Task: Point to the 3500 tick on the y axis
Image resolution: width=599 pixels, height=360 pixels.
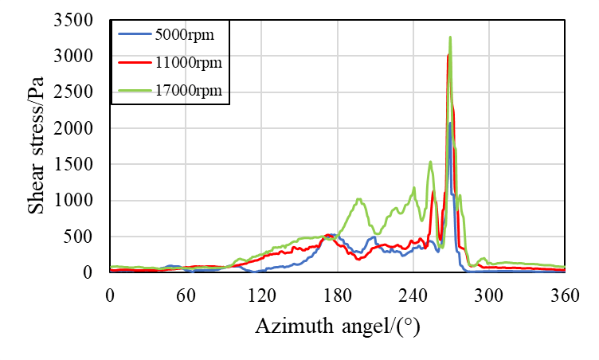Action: pyautogui.click(x=82, y=20)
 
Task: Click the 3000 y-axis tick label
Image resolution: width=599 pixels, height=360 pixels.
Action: pyautogui.click(x=82, y=56)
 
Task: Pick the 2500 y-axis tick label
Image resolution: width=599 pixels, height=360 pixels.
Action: pyautogui.click(x=82, y=92)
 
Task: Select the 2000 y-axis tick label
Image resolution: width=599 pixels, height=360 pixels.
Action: pyautogui.click(x=82, y=128)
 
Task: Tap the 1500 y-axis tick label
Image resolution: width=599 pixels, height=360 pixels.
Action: pyautogui.click(x=82, y=164)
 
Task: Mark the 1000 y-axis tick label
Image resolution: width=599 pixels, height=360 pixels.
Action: pyautogui.click(x=82, y=200)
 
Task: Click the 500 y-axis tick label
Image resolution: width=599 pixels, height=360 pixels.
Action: pyautogui.click(x=87, y=237)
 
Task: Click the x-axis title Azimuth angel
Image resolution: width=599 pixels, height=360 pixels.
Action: pyautogui.click(x=337, y=326)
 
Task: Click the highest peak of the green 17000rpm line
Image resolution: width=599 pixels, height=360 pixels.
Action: pyautogui.click(x=450, y=37)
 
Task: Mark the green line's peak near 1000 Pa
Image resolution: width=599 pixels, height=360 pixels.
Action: pyautogui.click(x=359, y=199)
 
